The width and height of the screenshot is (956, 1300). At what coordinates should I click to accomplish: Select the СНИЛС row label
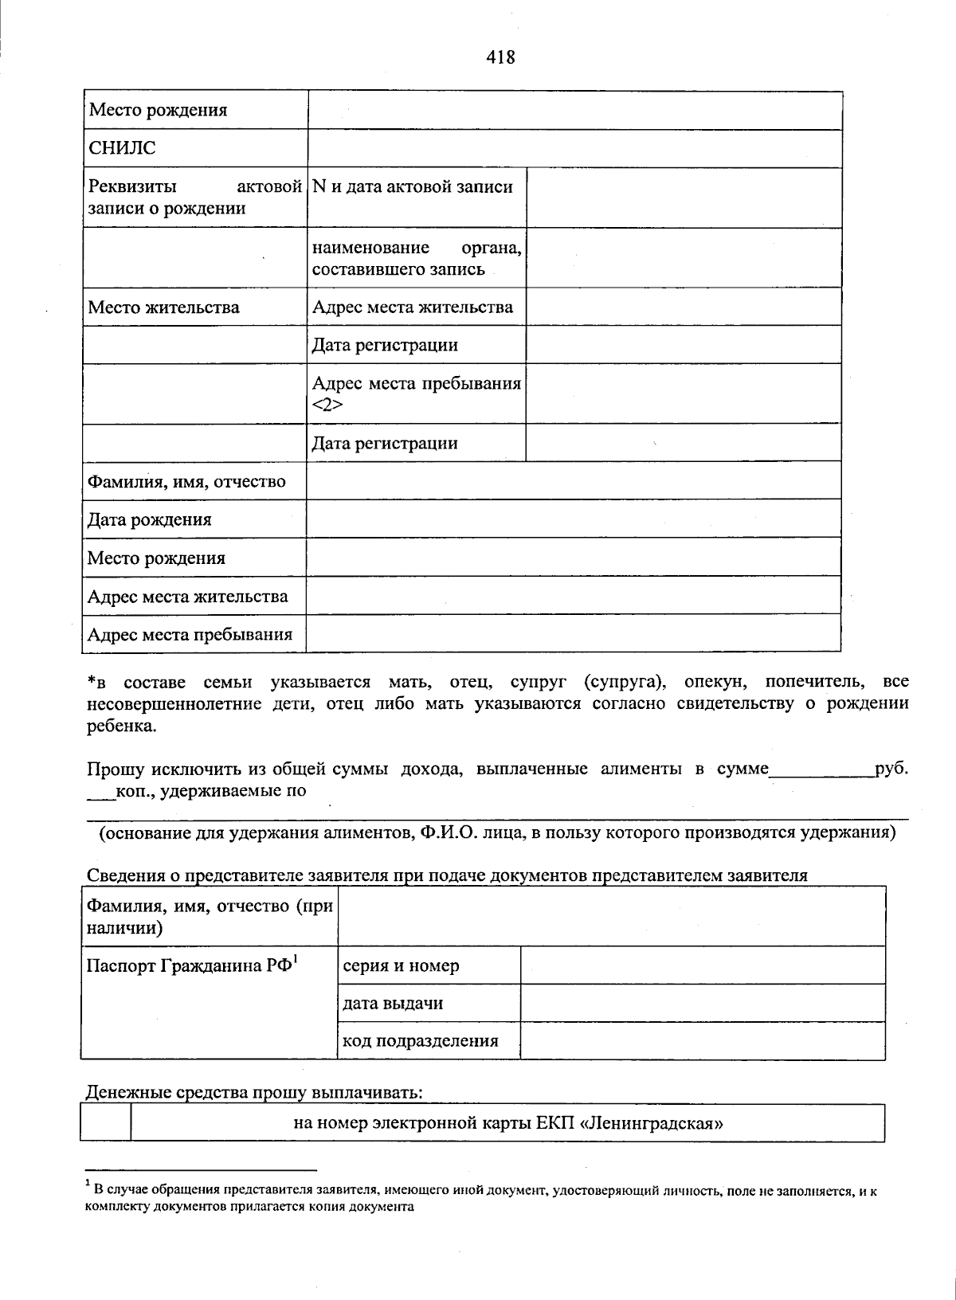tap(122, 148)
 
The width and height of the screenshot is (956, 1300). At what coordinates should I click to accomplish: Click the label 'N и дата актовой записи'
tap(413, 187)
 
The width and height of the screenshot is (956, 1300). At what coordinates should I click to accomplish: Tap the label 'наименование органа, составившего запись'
tap(417, 258)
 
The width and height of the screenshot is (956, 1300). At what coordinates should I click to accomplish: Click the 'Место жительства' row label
tap(163, 307)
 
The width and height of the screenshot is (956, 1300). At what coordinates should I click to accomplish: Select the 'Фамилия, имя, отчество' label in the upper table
tap(186, 481)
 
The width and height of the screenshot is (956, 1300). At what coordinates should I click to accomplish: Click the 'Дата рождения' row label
tap(150, 520)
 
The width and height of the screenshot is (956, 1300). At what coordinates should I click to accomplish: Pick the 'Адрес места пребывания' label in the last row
tap(190, 635)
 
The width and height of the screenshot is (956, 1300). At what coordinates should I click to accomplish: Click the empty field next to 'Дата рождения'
tap(574, 519)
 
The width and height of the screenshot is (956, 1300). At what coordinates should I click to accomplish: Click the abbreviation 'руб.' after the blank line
tap(891, 769)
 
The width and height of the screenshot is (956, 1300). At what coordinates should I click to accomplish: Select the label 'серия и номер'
tap(401, 966)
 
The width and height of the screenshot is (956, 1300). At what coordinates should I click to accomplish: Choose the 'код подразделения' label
tap(420, 1041)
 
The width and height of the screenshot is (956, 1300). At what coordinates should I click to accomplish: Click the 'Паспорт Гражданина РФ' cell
tap(192, 966)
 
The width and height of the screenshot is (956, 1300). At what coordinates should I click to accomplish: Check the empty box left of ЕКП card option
tap(106, 1123)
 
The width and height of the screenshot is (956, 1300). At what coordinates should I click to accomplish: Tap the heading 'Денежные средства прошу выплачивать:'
tap(254, 1092)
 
